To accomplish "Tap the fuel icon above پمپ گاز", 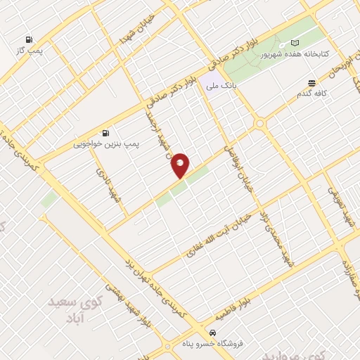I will tap(29, 39).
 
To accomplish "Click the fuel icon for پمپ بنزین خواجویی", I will tap(105, 132).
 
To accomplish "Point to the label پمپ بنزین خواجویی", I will tap(107, 144).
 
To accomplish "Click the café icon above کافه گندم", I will tap(311, 82).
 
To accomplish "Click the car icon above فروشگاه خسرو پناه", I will tap(212, 331).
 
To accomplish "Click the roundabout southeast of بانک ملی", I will tap(261, 124).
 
